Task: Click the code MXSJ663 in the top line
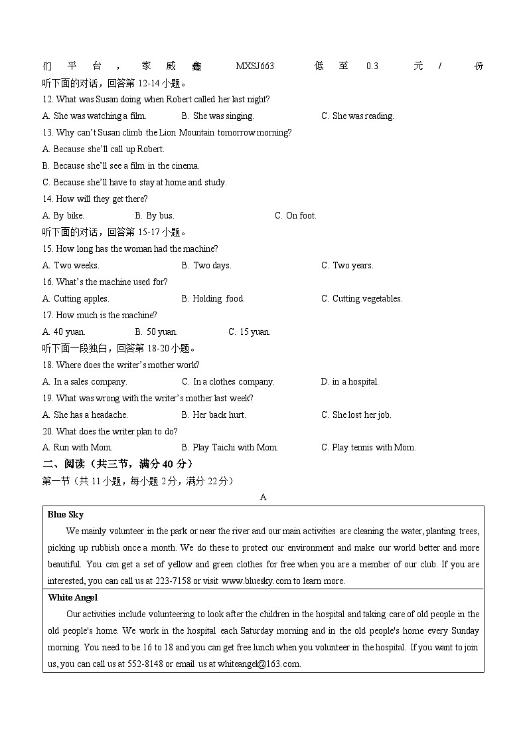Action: click(255, 66)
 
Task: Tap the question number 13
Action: click(47, 132)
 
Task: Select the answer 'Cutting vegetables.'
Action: click(367, 298)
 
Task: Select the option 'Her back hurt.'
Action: click(219, 415)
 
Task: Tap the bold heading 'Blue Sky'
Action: click(66, 514)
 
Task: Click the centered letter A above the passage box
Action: click(263, 497)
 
